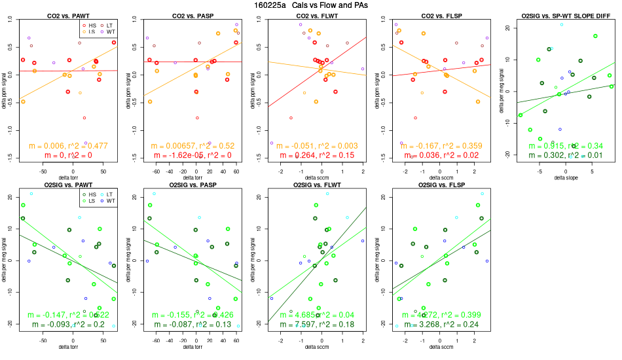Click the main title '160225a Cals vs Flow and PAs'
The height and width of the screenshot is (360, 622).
(310, 5)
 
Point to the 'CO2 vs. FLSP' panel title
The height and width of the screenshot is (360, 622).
(437, 14)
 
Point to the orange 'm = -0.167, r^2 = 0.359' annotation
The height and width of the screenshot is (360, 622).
(437, 146)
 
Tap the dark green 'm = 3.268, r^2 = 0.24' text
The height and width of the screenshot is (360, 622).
(437, 325)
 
